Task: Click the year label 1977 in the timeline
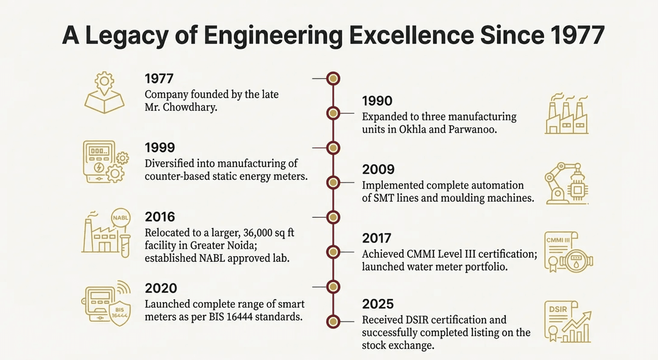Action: [x=159, y=78]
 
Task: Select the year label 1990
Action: [x=377, y=101]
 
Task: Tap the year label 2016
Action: [x=160, y=217]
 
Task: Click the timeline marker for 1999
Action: [x=333, y=148]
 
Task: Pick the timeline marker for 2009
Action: [x=333, y=182]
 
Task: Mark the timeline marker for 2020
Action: [x=333, y=286]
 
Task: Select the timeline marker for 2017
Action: [x=333, y=252]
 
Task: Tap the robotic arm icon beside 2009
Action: [x=566, y=184]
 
